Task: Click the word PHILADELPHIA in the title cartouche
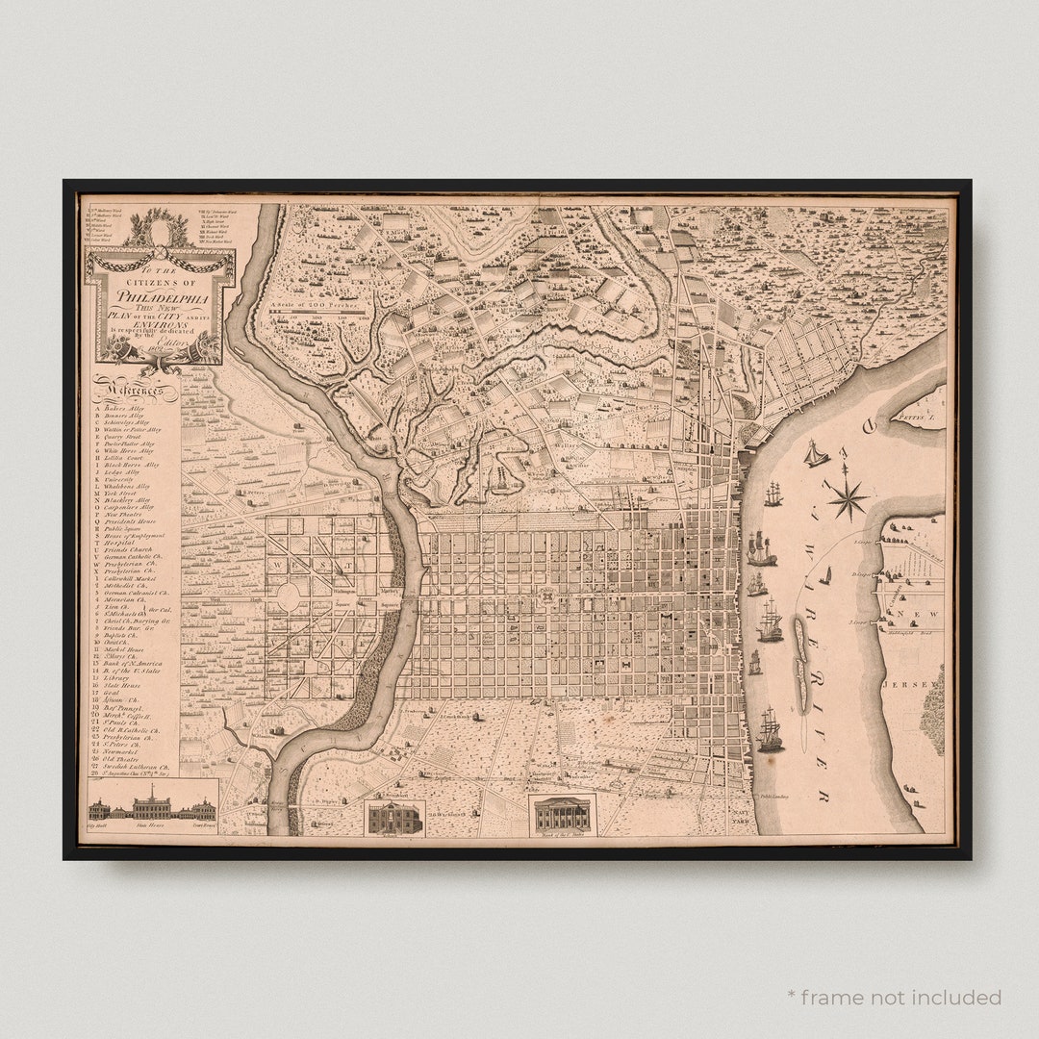(158, 296)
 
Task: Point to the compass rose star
(847, 497)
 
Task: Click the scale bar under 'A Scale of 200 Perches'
(317, 314)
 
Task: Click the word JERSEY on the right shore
(923, 684)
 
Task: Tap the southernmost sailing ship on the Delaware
(770, 730)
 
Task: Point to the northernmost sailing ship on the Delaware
(816, 453)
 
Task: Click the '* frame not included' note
(893, 997)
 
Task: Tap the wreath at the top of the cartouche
(158, 229)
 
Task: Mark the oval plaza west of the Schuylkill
(288, 597)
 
